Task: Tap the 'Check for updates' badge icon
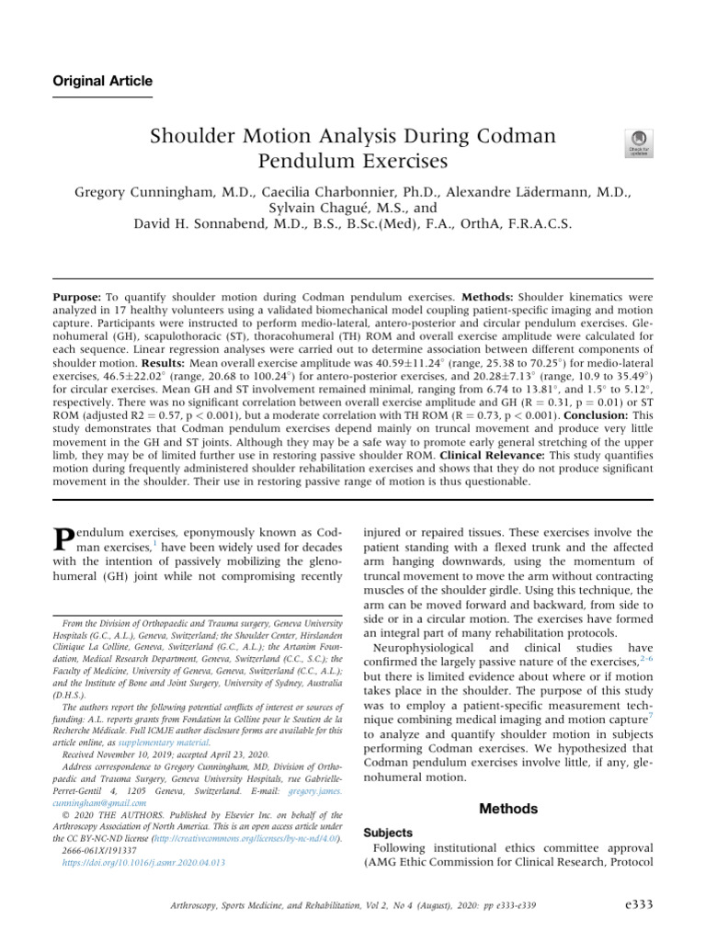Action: pos(638,142)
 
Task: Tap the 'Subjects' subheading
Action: pos(389,833)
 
